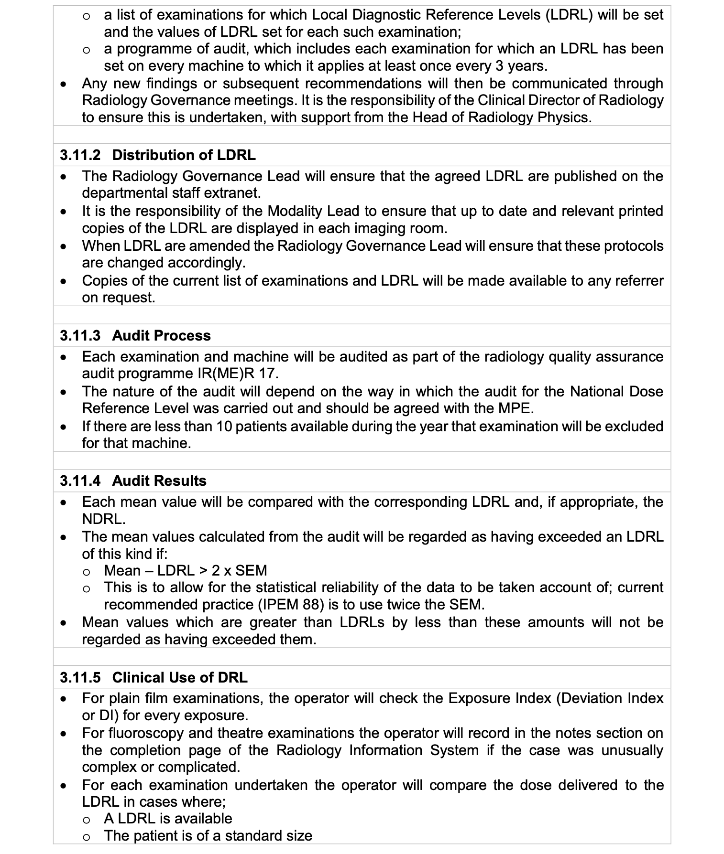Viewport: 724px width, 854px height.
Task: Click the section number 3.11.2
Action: coord(80,155)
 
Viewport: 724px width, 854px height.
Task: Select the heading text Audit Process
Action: coord(161,336)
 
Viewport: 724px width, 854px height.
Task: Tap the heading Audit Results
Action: coord(159,481)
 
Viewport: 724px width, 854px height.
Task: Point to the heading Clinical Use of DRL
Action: coord(180,678)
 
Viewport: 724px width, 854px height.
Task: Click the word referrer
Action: coord(638,281)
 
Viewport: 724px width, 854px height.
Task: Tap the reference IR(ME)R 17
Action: coord(238,374)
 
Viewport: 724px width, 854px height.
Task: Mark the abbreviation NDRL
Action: coord(103,519)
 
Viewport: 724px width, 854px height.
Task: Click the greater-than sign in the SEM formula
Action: coord(203,571)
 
